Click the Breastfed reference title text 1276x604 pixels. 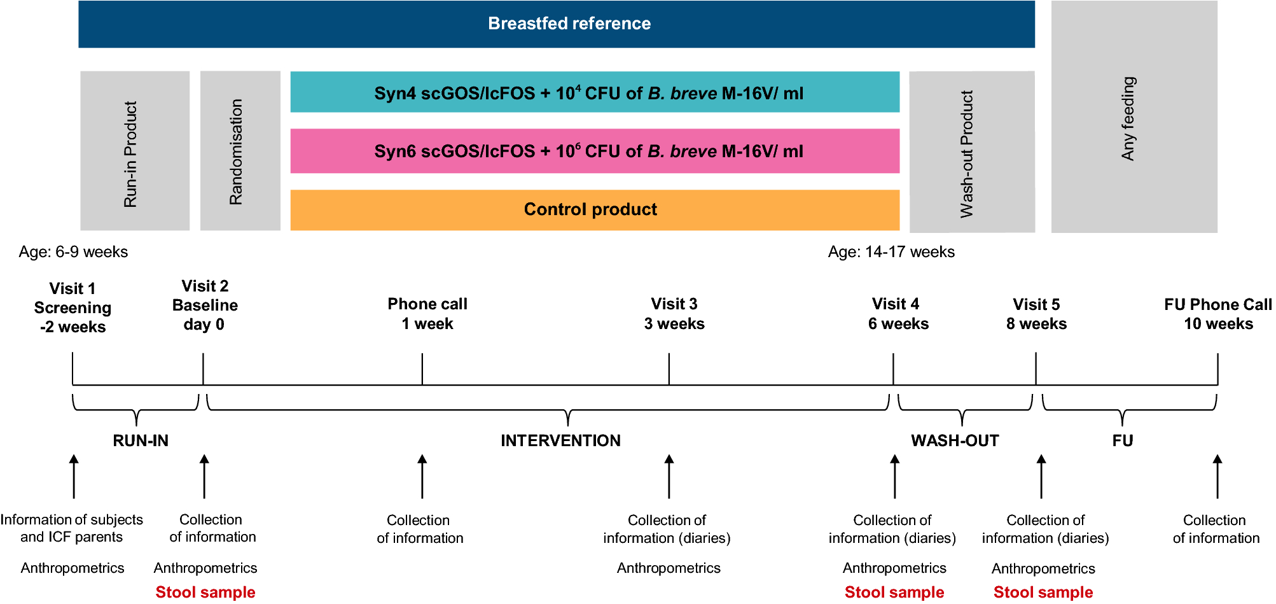pos(569,24)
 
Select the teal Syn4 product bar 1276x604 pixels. pos(594,93)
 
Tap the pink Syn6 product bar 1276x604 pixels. pos(594,151)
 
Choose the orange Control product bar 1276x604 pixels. pos(594,209)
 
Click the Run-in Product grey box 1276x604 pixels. pos(134,151)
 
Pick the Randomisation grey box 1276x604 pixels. pos(240,151)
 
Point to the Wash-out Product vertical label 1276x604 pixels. pos(966,154)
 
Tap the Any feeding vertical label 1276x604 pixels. pos(1128,118)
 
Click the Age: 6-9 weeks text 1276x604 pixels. pos(73,252)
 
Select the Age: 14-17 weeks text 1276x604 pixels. pos(891,252)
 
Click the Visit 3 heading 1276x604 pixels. pos(674,304)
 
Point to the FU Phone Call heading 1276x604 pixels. pos(1217,305)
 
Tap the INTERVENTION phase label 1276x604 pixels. pos(560,440)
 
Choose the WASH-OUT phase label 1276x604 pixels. pos(954,440)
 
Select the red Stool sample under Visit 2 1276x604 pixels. pos(205,592)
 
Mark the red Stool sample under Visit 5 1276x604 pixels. pos(1043,592)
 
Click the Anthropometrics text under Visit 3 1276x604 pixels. pos(668,568)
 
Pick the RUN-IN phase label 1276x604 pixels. pos(141,440)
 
